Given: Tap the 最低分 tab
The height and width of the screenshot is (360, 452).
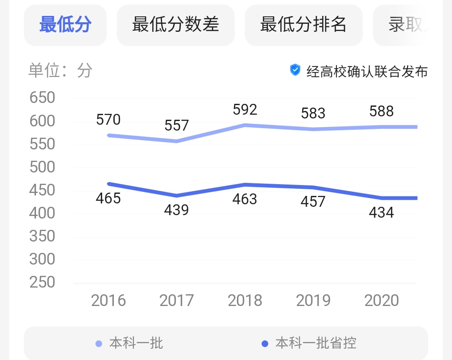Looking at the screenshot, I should [65, 25].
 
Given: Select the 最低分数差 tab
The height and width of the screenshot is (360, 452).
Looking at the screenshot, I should [175, 25].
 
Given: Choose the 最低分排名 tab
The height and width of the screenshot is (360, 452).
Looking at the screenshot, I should [303, 25].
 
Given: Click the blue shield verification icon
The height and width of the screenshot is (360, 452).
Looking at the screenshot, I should [295, 70].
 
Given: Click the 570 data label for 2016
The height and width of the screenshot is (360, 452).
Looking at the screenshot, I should [108, 120].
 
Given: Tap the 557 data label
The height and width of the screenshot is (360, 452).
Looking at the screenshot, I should [177, 125].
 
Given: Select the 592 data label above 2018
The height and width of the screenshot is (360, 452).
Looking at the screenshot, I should [245, 110].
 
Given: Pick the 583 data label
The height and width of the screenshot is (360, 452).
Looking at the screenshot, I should [313, 113].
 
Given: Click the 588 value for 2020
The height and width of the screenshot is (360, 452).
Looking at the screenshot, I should [381, 111].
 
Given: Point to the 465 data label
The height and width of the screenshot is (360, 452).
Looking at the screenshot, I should [108, 198].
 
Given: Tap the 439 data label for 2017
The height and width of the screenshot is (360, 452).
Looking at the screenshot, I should [177, 209].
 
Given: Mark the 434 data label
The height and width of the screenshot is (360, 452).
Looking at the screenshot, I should [381, 213].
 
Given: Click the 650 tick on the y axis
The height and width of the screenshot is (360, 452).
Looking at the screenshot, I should [42, 98].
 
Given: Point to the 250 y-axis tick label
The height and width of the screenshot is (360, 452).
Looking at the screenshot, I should [42, 283].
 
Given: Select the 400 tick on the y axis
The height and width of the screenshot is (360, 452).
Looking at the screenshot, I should [42, 213].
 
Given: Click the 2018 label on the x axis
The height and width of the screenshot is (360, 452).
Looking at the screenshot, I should [245, 301].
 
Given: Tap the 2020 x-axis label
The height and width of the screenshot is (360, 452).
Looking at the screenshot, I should [381, 301].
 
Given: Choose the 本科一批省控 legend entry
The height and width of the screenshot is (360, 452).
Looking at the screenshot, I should [316, 344].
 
